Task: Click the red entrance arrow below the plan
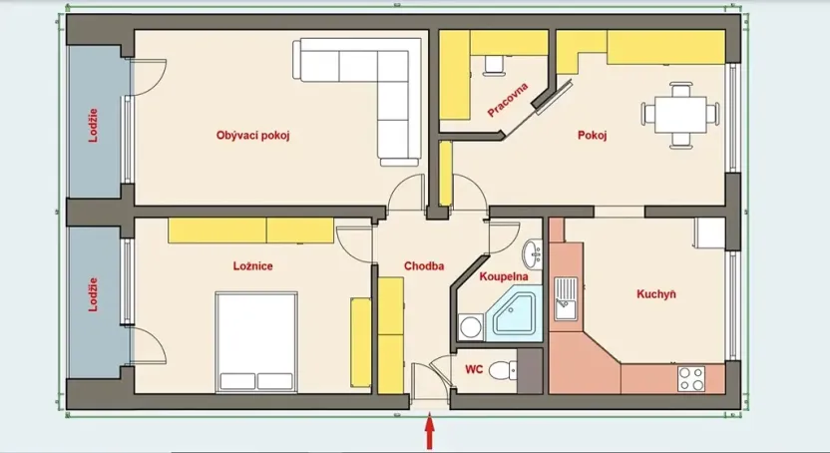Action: (430, 435)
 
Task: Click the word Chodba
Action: (424, 266)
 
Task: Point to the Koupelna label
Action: (504, 275)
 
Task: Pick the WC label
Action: (474, 369)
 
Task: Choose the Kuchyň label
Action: (656, 294)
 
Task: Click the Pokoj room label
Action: (592, 136)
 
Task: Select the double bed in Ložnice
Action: (256, 341)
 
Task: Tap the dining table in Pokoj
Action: (679, 112)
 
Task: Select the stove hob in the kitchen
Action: (689, 378)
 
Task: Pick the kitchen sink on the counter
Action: (567, 297)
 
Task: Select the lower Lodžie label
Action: (94, 294)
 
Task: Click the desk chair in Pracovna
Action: (493, 65)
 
